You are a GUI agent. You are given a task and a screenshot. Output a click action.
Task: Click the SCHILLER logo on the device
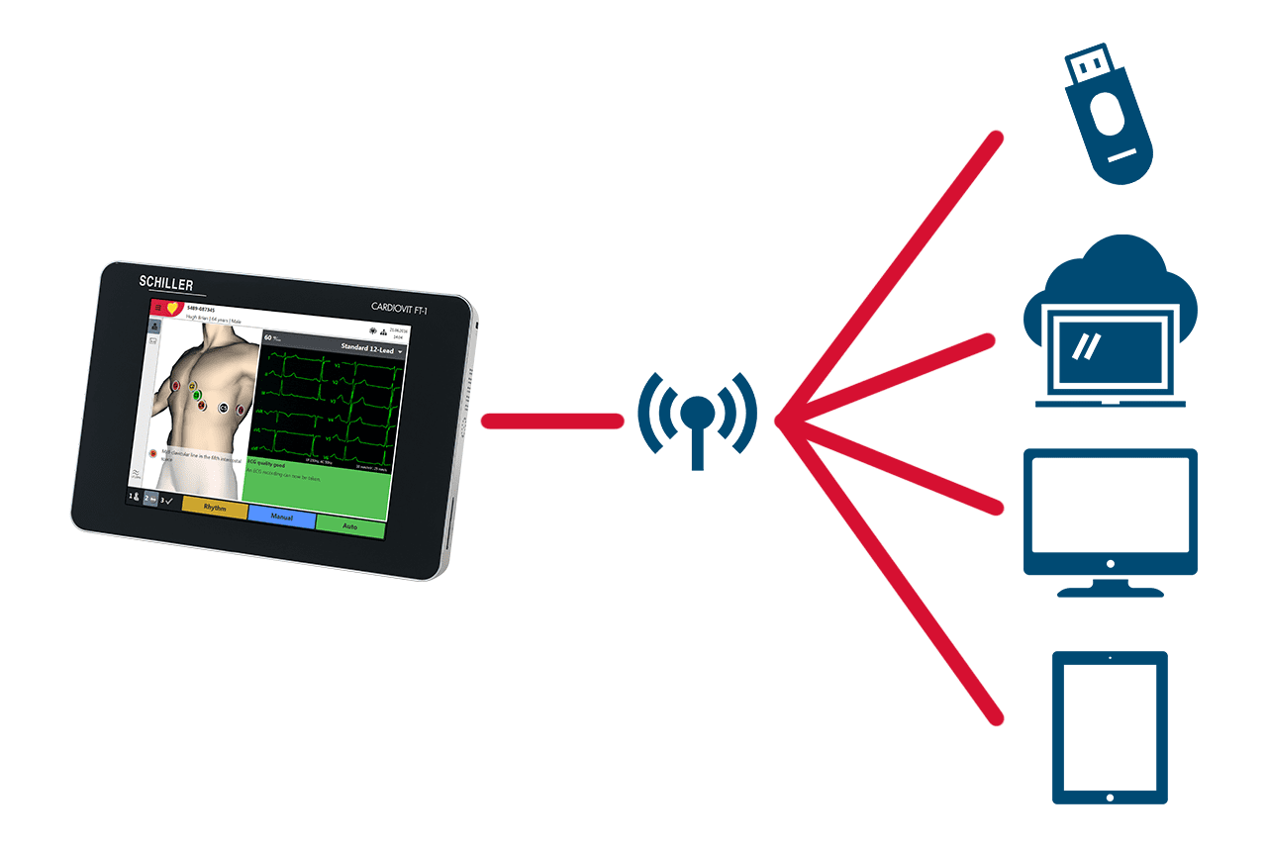point(172,284)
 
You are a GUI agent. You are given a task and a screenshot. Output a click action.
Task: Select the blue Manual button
point(282,517)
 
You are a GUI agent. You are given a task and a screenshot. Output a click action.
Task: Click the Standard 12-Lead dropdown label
point(367,347)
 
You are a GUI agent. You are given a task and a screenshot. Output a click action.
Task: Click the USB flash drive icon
point(1107,120)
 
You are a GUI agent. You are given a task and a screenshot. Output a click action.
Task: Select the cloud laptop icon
point(1109,327)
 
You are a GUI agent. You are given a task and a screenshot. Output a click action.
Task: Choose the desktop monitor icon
point(1109,519)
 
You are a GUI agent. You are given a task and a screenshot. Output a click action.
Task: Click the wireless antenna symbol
point(697,417)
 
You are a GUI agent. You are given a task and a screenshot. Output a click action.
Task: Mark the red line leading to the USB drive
point(891,277)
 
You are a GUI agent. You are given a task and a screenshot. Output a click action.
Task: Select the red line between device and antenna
point(550,422)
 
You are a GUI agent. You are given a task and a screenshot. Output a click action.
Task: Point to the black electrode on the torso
point(223,408)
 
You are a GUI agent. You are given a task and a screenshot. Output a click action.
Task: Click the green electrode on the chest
point(197,396)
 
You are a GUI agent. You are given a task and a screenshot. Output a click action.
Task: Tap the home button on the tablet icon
point(1110,797)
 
